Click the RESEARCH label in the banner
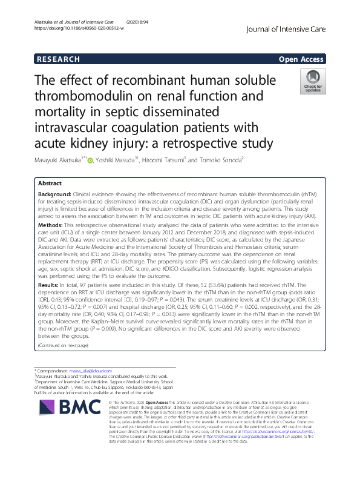(57, 59)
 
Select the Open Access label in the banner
(301, 59)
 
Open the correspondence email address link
(95, 370)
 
